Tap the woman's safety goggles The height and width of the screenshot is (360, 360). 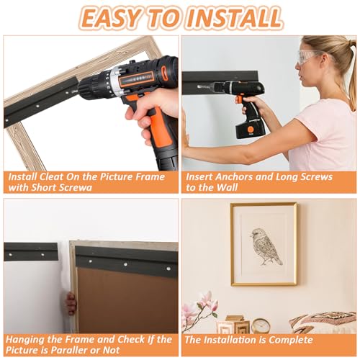coord(311,57)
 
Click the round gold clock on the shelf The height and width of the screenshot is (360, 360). coord(261,325)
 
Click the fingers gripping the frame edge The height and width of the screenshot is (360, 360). coord(71,303)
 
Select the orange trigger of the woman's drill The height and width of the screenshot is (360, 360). coord(239,99)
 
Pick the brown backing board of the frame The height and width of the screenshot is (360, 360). coord(128,300)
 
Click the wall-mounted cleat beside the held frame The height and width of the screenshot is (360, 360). coord(31,251)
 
